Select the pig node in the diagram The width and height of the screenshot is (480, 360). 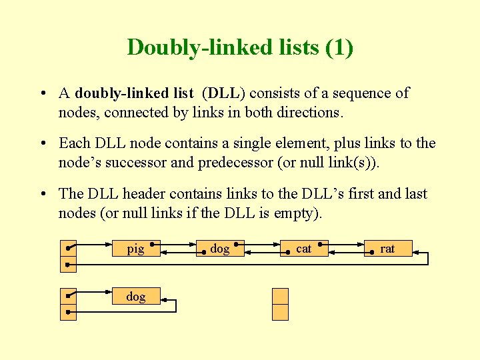click(136, 248)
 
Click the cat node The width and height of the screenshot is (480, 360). click(304, 248)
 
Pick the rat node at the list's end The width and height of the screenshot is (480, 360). click(388, 248)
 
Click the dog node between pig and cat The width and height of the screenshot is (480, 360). click(220, 248)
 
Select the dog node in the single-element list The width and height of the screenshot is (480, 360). click(136, 296)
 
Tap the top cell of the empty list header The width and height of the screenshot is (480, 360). click(281, 296)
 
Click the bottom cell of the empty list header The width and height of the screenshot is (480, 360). click(281, 312)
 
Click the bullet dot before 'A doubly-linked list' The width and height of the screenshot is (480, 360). click(41, 94)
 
